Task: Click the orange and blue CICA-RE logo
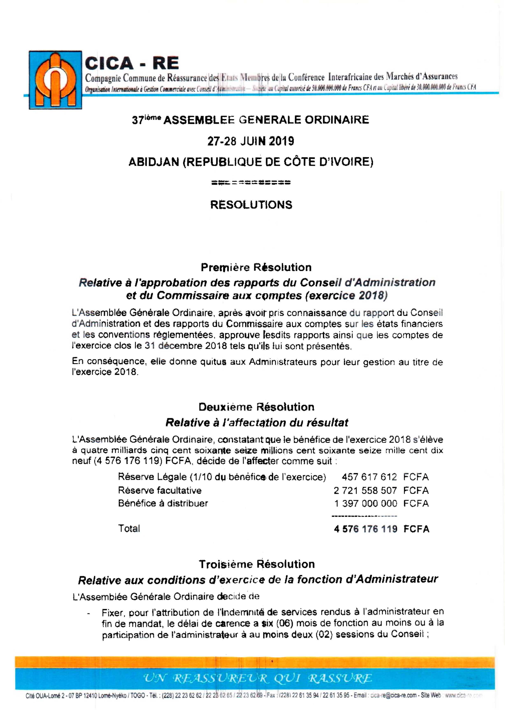(x=55, y=80)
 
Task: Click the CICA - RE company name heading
(x=132, y=63)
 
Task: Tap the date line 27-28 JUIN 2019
(x=251, y=141)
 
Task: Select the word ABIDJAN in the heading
(x=154, y=162)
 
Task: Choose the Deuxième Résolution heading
(x=256, y=407)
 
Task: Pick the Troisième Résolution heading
(x=257, y=564)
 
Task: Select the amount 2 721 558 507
(x=365, y=490)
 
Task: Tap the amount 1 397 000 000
(x=366, y=503)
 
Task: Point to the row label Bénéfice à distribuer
(x=163, y=503)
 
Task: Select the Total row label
(x=129, y=528)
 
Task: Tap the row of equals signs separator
(x=251, y=183)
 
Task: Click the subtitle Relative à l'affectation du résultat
(x=257, y=422)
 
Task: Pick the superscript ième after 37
(x=153, y=117)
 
